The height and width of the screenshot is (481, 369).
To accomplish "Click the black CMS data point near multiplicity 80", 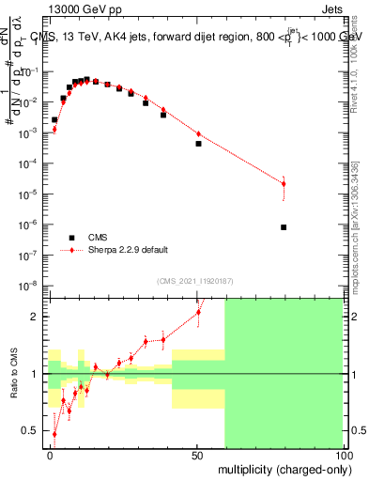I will point(284,227).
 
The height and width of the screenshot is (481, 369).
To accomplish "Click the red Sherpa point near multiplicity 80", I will point(284,183).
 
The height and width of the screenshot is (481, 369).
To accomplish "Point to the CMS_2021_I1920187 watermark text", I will point(194,281).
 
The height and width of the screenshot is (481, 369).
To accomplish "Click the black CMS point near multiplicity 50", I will point(198,144).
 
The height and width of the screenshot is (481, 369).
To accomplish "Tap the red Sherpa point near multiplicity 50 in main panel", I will point(198,133).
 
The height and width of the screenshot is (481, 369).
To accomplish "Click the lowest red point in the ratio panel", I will point(54,434).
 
